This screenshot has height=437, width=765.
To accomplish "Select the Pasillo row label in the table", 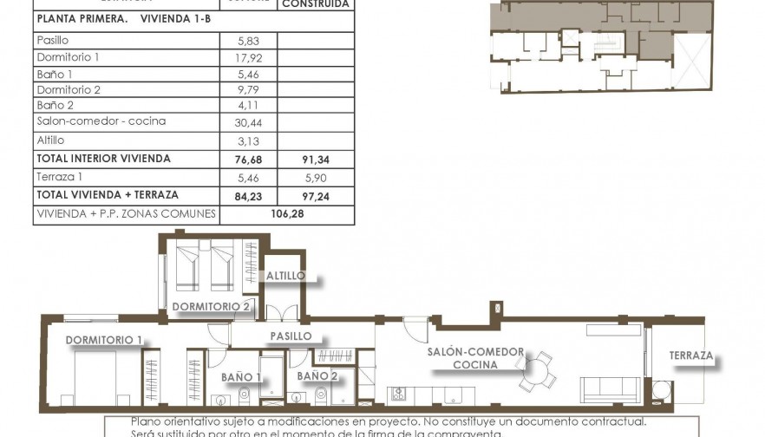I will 53,41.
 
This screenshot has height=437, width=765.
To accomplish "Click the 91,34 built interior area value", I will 316,160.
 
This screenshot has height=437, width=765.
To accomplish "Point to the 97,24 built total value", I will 316,196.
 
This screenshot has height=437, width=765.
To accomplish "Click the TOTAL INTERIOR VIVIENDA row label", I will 103,159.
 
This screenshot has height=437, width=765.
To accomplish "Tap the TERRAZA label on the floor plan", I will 690,355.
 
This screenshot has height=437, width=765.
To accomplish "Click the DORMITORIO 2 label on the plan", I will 211,306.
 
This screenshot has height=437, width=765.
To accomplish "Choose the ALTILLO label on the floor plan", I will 285,276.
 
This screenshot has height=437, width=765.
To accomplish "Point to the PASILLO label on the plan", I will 291,336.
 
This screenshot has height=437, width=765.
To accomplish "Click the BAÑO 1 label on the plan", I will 241,376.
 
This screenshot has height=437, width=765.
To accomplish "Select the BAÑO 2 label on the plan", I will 317,376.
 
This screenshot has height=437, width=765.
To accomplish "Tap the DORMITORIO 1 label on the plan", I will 103,339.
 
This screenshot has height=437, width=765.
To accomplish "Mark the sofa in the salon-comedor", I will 609,389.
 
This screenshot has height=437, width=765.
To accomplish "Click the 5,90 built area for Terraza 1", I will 316,177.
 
